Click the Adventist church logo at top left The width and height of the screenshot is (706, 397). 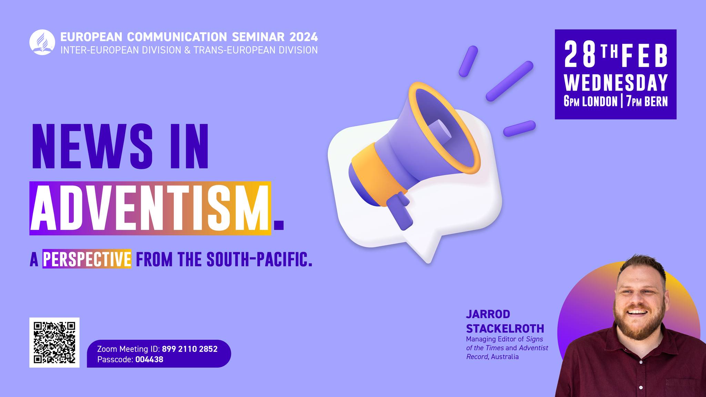[x=42, y=42]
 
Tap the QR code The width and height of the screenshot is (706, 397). [x=54, y=343]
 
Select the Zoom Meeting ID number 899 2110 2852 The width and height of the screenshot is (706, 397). [x=190, y=349]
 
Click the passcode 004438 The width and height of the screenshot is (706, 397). [x=149, y=360]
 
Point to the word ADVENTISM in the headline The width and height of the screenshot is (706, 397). [x=150, y=208]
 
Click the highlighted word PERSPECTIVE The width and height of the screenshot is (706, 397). [x=87, y=259]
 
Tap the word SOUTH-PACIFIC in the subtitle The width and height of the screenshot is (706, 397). [x=259, y=259]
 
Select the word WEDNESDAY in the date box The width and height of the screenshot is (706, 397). [x=616, y=83]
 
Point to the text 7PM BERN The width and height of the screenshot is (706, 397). [x=647, y=101]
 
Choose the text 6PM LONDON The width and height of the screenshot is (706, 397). [x=591, y=101]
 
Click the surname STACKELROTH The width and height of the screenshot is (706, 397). [x=505, y=328]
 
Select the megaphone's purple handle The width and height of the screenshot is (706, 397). [x=399, y=210]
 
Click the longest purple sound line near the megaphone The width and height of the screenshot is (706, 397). [x=510, y=81]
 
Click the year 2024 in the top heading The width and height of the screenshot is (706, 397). [x=304, y=37]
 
